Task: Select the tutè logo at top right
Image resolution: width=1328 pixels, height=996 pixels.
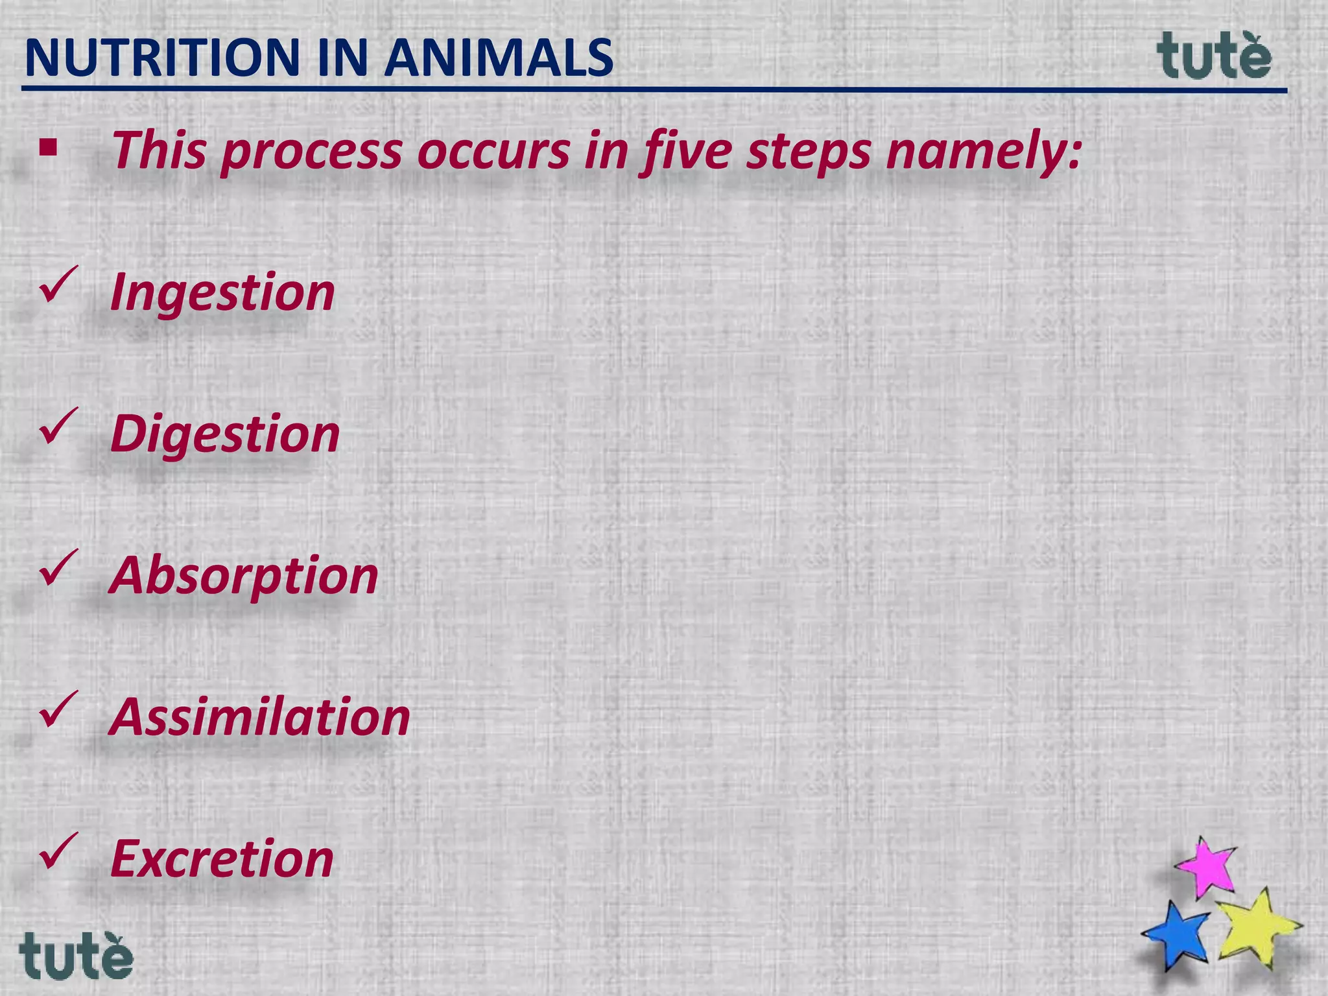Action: [1214, 56]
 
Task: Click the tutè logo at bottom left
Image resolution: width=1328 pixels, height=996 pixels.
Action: [76, 956]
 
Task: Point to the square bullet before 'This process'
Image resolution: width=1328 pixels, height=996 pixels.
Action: [48, 148]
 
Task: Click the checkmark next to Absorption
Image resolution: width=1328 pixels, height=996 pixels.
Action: [58, 569]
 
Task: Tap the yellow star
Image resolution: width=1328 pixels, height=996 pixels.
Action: [1257, 926]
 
